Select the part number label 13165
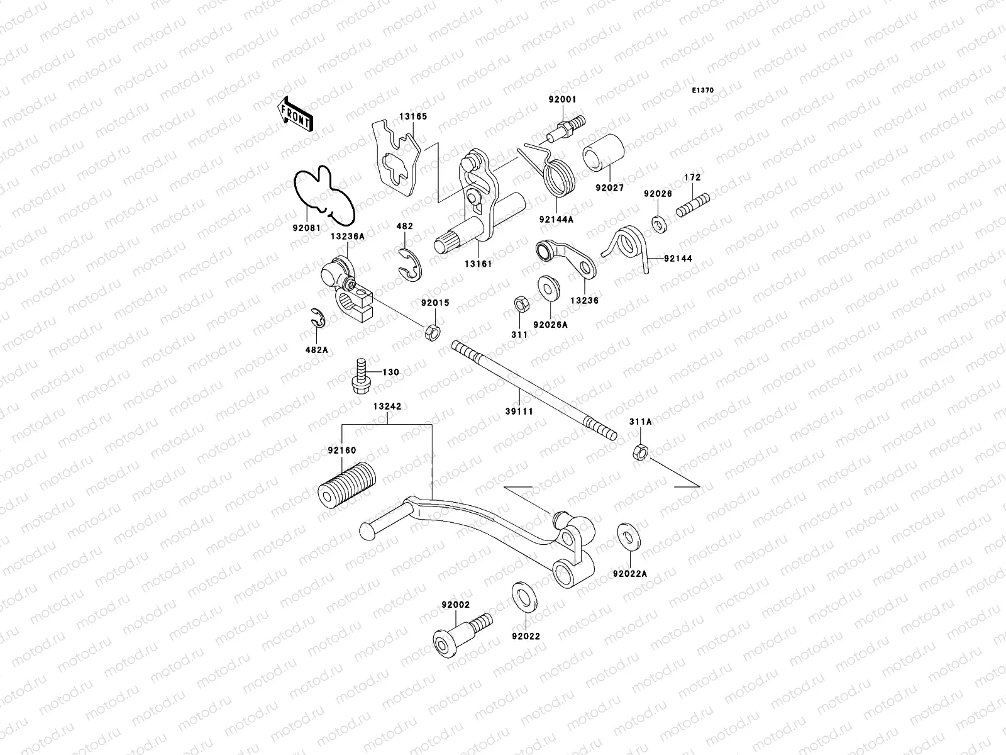tap(412, 116)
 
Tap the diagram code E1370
tap(703, 91)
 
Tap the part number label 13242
tap(388, 406)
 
